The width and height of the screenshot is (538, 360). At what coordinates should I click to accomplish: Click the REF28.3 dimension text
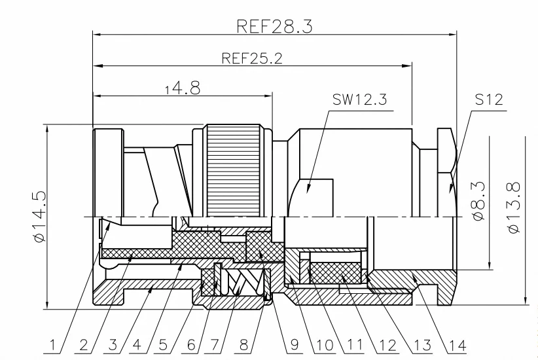point(274,26)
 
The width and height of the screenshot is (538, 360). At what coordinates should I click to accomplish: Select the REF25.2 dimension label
point(252,58)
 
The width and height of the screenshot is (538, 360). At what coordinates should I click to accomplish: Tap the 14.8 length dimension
point(182,88)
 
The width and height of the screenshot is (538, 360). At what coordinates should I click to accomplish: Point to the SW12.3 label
point(359,99)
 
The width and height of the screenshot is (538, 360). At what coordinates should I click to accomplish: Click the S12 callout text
point(489,99)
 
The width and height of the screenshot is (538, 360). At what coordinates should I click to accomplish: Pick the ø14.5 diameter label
point(39,217)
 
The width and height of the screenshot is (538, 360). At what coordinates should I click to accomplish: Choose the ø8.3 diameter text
point(478,201)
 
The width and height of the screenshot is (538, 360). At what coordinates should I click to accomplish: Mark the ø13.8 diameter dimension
point(514,207)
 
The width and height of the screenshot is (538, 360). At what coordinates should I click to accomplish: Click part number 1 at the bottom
point(52,345)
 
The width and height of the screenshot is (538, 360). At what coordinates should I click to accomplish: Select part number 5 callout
point(163,345)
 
